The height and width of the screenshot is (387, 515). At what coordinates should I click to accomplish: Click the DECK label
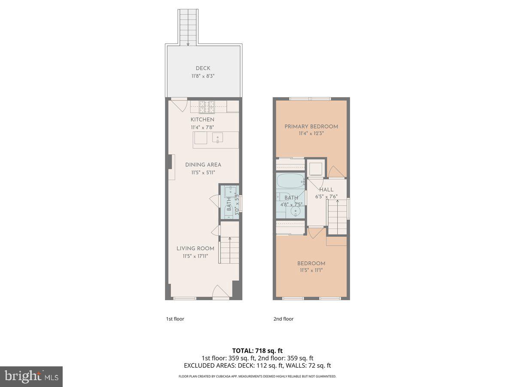point(203,68)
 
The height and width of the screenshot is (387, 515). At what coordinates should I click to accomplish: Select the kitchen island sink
point(218,138)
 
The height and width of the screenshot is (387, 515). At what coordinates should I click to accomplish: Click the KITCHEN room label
point(203,119)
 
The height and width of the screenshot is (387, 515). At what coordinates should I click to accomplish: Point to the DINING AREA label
point(203,164)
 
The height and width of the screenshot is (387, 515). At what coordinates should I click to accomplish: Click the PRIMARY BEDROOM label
point(312,126)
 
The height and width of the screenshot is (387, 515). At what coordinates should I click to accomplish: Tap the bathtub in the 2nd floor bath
point(290,181)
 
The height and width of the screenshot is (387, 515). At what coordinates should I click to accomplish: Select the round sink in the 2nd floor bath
point(295,211)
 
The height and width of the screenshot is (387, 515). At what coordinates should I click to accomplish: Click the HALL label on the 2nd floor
point(326,189)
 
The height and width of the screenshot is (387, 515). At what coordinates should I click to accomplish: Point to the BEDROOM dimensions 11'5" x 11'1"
point(311,270)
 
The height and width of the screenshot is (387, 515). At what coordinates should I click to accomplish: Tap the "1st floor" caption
point(175,319)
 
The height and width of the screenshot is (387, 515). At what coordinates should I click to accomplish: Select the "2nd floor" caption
point(283,319)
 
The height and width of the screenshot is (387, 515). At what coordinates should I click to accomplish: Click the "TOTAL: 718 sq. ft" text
point(257,351)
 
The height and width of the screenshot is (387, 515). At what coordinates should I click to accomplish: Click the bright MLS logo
point(31,377)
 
